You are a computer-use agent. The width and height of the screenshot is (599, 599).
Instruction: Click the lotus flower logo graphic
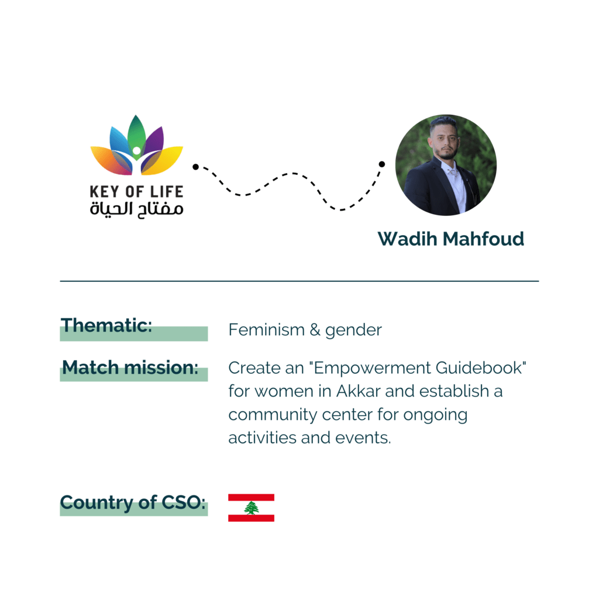(137, 146)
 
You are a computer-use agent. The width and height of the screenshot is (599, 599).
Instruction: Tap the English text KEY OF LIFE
(137, 192)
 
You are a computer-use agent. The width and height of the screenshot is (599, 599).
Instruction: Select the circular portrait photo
(446, 165)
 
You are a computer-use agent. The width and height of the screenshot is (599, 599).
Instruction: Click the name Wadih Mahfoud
(451, 239)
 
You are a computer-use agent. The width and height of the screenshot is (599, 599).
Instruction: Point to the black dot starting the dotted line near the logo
(195, 167)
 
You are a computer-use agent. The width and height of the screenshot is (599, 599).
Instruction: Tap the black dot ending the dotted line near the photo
(381, 164)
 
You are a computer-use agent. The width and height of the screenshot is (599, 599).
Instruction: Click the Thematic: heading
(106, 325)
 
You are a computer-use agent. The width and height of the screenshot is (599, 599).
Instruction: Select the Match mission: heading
(130, 367)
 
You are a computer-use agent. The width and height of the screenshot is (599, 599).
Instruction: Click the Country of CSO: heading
(133, 502)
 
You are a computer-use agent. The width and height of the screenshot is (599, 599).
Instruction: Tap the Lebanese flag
(252, 508)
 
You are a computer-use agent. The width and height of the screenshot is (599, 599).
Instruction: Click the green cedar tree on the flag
(252, 508)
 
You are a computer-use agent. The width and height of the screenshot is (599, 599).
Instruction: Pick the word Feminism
(267, 330)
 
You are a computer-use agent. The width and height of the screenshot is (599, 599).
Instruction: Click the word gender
(353, 331)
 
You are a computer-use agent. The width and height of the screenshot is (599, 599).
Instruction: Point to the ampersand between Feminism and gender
(315, 330)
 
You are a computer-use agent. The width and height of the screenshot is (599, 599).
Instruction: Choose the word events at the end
(363, 438)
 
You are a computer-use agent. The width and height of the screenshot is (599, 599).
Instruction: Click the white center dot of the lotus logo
(136, 151)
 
